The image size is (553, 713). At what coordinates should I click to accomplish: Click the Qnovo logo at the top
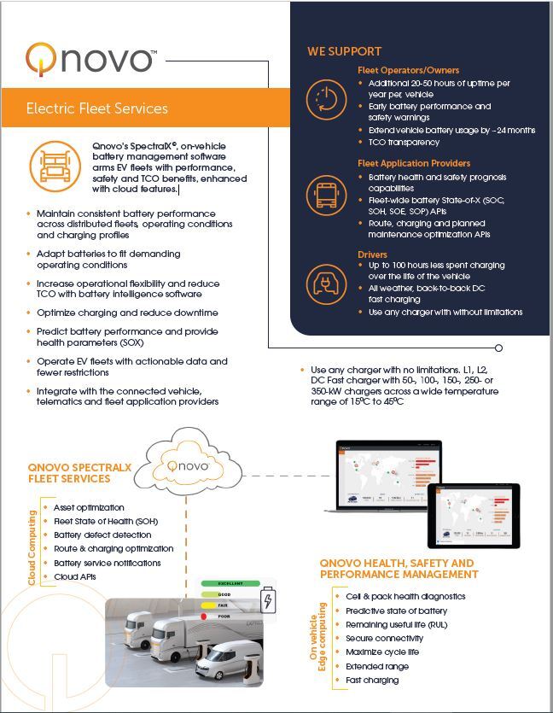tap(90, 59)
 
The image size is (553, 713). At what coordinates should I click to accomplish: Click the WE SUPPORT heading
tap(344, 51)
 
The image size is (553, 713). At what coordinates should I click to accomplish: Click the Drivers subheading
tap(372, 254)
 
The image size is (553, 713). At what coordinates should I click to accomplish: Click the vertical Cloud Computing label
tap(32, 547)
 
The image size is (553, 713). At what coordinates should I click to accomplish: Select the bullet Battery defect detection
tap(102, 535)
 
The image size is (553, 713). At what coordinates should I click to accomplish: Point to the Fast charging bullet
tap(372, 680)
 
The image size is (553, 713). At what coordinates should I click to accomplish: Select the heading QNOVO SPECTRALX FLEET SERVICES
tap(80, 472)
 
